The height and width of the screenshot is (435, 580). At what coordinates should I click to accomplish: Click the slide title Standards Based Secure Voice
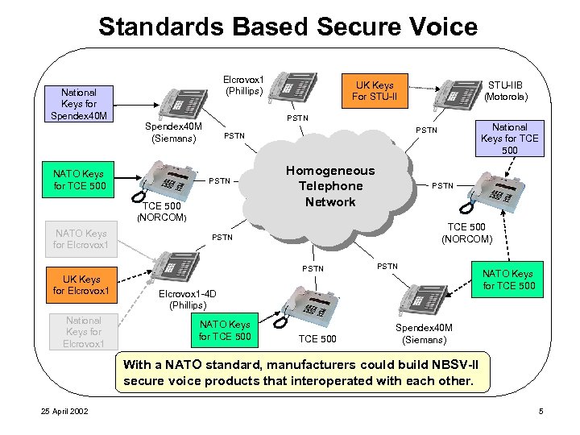pos(288,26)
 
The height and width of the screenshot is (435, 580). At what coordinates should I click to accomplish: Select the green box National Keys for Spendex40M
pos(79,104)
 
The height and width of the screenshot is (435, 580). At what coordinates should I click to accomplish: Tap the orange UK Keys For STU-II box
pos(373,91)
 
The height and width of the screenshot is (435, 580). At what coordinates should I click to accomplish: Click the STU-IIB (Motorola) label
pos(506,90)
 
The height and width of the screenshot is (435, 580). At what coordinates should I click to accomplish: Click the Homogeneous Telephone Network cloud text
pos(330,186)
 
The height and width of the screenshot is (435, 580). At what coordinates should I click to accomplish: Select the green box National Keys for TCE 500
pos(510,139)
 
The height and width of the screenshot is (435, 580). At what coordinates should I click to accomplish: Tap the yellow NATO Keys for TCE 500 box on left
pos(79,181)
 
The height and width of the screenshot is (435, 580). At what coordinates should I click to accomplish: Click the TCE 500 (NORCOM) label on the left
pos(162,211)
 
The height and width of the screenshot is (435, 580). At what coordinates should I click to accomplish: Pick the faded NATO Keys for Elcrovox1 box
pos(81,238)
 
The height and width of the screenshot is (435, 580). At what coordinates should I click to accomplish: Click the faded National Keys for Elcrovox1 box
pos(84,332)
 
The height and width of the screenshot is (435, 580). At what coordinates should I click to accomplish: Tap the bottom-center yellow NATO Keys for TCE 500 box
pos(225,330)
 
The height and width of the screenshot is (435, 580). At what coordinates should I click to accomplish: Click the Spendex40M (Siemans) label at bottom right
pos(424,333)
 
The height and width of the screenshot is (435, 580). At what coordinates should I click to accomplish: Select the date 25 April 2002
pos(65,412)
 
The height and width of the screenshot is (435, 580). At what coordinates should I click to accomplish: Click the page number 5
pos(541,412)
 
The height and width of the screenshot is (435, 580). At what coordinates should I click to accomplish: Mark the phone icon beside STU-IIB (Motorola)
pos(456,93)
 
